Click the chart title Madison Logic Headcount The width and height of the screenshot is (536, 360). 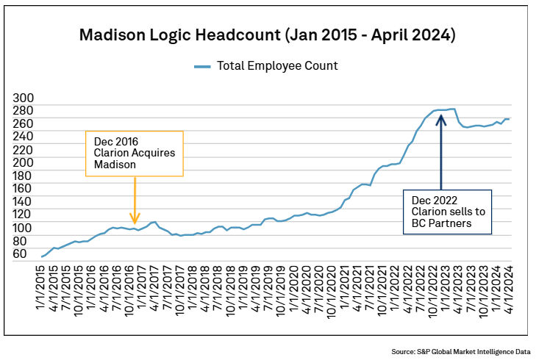click(268, 35)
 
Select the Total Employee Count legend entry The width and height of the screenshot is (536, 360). click(266, 66)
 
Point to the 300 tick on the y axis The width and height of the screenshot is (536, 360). click(25, 98)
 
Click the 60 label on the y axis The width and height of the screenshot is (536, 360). click(19, 254)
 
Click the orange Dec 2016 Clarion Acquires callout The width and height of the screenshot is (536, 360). click(134, 154)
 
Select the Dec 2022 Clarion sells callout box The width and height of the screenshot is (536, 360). click(447, 212)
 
